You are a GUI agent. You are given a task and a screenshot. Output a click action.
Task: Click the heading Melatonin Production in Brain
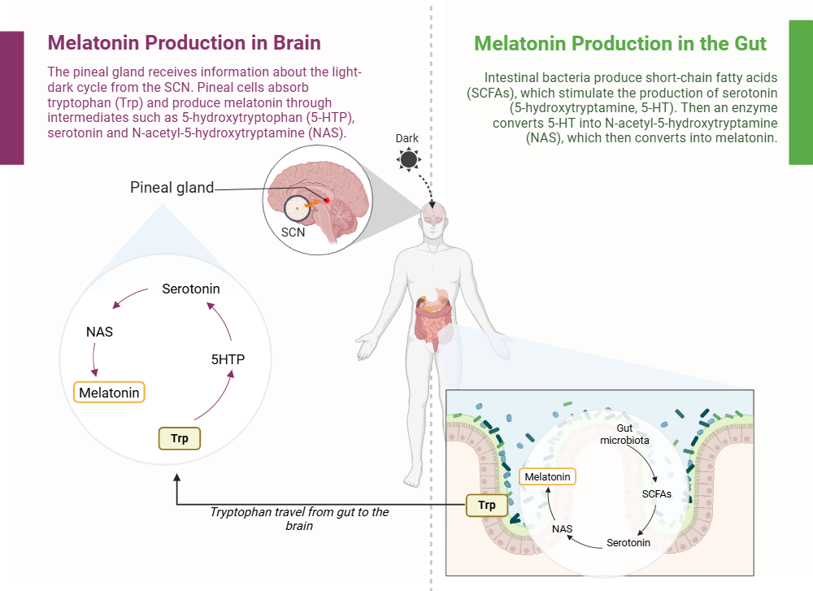pos(184,42)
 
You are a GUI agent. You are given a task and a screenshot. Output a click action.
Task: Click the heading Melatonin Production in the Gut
pos(620,43)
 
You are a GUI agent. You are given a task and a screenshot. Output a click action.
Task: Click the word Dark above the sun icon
pos(407,138)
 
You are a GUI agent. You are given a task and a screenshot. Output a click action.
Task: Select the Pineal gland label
pos(172,188)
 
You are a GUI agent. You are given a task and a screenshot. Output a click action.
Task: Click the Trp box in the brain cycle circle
pos(180,438)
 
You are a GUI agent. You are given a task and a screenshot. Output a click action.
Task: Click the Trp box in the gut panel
pos(487,505)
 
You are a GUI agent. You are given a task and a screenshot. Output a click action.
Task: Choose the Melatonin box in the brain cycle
pos(109,393)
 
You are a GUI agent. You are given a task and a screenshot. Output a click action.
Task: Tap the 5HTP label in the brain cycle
pos(228,359)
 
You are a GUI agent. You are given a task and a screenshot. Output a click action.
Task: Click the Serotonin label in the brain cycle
pos(190,289)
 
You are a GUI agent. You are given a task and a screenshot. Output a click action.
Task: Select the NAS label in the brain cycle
pos(99,332)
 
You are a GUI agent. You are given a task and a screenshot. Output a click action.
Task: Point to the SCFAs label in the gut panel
pos(657,493)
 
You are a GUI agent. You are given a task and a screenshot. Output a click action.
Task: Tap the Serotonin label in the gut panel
pos(628,542)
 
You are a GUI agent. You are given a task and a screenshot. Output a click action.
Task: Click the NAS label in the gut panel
pos(562,528)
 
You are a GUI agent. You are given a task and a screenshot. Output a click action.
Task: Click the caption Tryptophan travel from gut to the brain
pos(299,519)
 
